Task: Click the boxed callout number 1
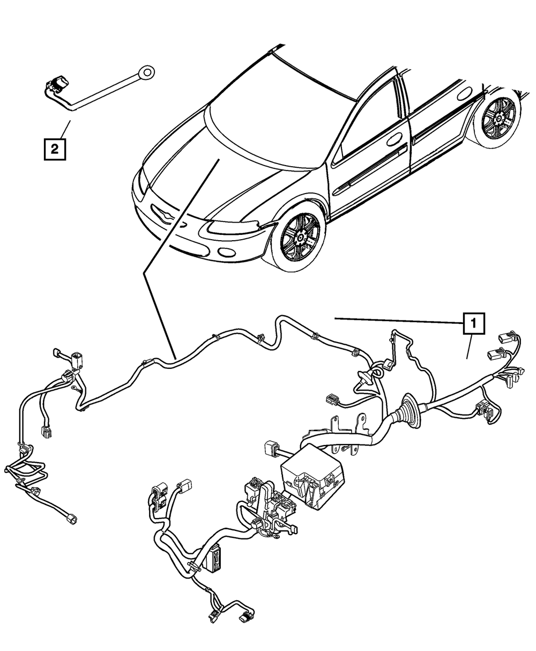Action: click(x=472, y=324)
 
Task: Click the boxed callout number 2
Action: click(x=55, y=149)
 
